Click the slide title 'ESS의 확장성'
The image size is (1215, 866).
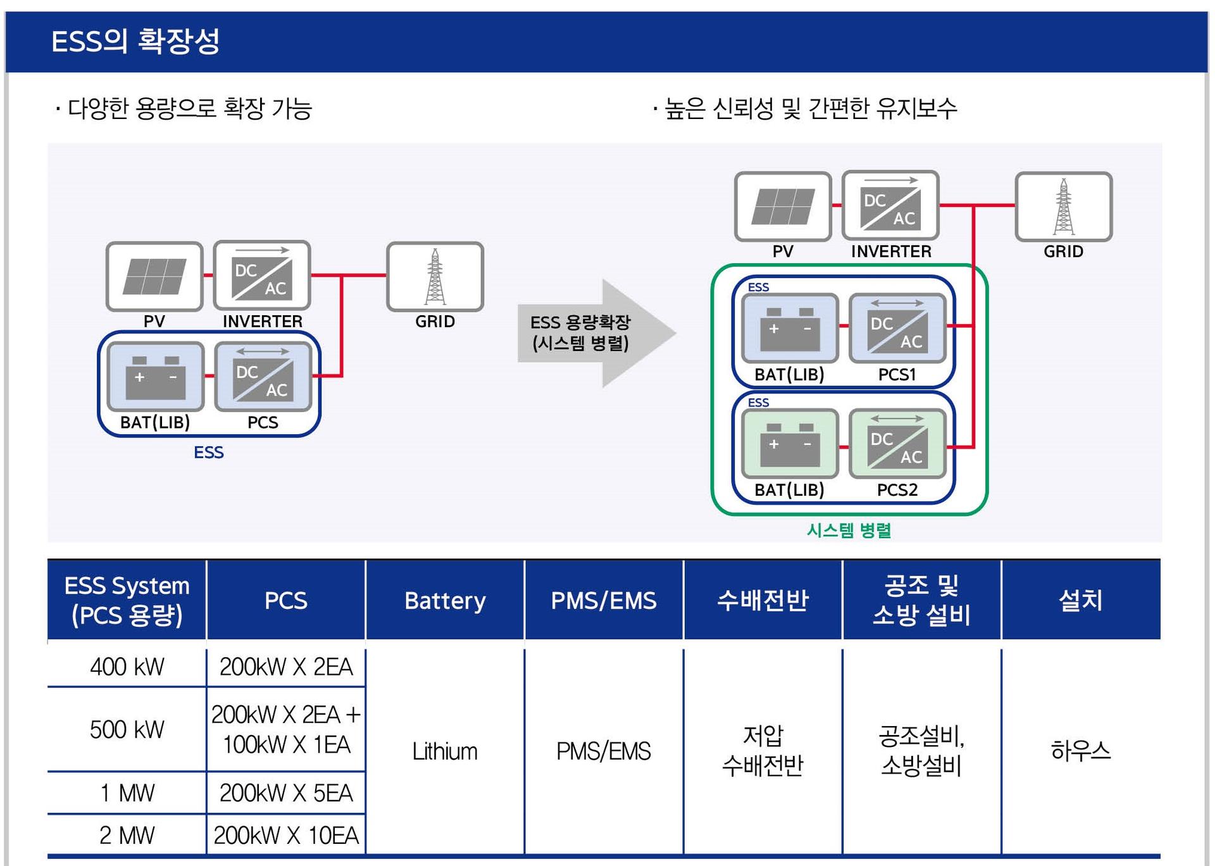point(135,42)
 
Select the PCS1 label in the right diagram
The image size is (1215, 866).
point(897,375)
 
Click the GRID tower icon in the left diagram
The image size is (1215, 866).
point(435,277)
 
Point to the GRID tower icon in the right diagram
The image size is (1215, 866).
point(1064,207)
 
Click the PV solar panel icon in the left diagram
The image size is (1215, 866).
point(154,277)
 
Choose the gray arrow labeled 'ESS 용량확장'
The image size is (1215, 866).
point(595,333)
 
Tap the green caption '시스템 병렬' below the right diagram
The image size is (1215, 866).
point(849,530)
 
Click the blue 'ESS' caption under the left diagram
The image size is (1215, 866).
point(208,453)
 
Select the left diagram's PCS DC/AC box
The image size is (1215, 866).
point(263,377)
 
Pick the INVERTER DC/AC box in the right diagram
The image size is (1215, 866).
point(890,206)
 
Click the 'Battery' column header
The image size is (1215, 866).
point(445,600)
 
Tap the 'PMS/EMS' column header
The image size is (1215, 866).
point(604,600)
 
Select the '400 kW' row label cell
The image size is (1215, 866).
point(127,667)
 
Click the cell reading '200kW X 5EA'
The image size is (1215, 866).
point(286,793)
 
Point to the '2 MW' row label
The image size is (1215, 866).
point(127,835)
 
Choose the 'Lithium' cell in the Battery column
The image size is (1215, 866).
point(445,751)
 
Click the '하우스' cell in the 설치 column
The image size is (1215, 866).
point(1080,751)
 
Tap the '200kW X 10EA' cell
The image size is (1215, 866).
point(286,835)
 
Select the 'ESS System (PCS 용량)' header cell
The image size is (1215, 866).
point(127,600)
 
